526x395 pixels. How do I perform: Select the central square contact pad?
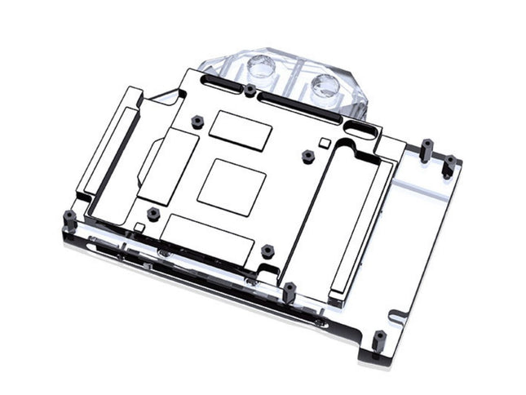tap(232, 187)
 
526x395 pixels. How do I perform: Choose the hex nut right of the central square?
tap(307, 155)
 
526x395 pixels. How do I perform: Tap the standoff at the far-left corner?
tap(70, 217)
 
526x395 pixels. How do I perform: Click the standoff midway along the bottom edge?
tap(290, 291)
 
